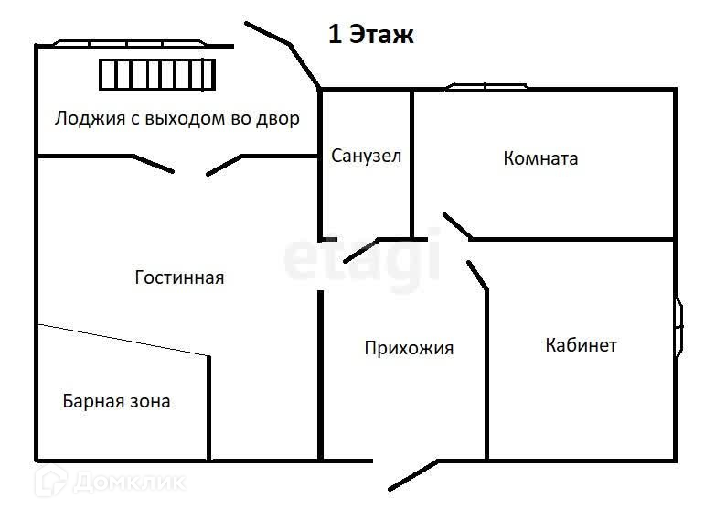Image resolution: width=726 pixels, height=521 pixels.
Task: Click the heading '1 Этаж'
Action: pos(371,36)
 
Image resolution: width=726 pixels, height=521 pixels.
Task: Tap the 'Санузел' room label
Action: pos(366,156)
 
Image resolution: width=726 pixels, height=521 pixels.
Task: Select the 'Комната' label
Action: pos(540,158)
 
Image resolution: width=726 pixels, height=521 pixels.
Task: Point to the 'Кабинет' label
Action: pos(581,345)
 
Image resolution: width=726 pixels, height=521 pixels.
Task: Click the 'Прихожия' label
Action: pos(409,348)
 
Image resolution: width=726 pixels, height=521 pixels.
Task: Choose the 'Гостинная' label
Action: pos(179,277)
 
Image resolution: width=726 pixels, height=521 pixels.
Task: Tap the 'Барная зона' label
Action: pos(116,401)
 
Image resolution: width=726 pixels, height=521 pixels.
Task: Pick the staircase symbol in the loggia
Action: pos(157,73)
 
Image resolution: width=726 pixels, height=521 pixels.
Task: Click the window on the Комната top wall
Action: pos(487,87)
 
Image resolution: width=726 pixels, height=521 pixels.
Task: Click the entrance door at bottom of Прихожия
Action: pos(411,474)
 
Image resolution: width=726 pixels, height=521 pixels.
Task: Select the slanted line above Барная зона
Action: pos(123,340)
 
